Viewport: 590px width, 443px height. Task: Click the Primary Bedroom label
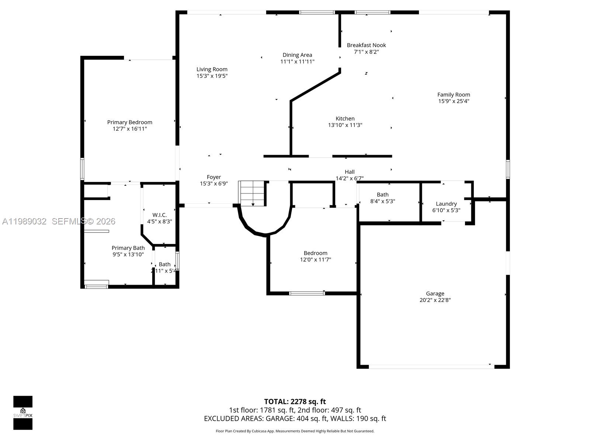tap(129, 122)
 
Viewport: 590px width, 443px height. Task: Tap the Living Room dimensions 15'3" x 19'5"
tap(212, 76)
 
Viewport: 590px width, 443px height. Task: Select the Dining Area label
tap(297, 55)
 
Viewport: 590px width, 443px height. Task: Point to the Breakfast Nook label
tap(366, 45)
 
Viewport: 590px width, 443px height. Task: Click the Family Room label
tap(454, 95)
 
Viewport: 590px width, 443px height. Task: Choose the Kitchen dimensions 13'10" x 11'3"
tap(345, 125)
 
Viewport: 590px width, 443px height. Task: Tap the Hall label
tap(350, 172)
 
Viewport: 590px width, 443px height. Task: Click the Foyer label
tap(214, 177)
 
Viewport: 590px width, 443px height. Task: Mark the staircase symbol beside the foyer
tap(253, 193)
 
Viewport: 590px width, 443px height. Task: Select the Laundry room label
tap(446, 204)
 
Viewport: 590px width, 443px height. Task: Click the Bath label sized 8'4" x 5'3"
tap(382, 195)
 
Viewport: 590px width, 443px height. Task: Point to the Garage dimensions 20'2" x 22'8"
tap(435, 300)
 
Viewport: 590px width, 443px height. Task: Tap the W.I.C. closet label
tap(159, 215)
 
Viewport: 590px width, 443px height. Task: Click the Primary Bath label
tap(128, 248)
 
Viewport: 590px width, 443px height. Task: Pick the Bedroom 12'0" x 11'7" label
tap(315, 253)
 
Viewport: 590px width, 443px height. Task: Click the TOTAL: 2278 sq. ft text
tap(295, 402)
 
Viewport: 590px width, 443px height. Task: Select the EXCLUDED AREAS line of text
tap(295, 419)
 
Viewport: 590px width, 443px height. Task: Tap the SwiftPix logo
tap(23, 413)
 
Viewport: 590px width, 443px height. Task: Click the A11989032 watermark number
tap(24, 221)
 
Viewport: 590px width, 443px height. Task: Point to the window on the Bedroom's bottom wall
tap(307, 293)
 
